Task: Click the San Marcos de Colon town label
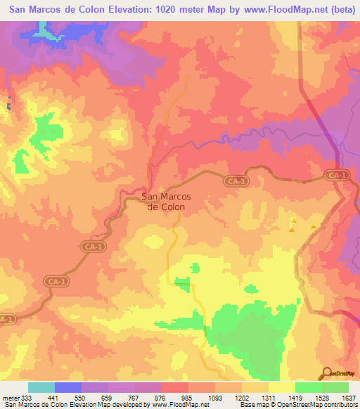click(164, 202)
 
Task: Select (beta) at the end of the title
click(344, 9)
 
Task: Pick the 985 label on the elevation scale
click(188, 397)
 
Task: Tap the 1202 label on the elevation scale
click(241, 397)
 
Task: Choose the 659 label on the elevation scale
click(108, 397)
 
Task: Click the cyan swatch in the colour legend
click(41, 387)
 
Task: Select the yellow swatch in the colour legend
click(281, 387)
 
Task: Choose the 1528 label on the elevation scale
click(321, 397)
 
